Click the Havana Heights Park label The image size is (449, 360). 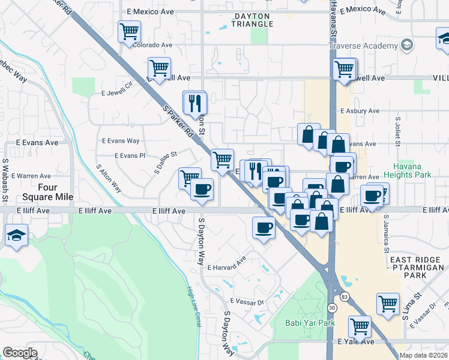point(412,170)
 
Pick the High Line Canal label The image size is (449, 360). point(193,307)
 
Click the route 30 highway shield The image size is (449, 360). point(331,307)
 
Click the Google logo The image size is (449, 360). point(20,353)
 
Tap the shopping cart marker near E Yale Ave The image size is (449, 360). point(360,327)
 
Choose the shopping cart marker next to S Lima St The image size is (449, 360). point(388,303)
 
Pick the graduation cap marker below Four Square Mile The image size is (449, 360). point(16,236)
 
